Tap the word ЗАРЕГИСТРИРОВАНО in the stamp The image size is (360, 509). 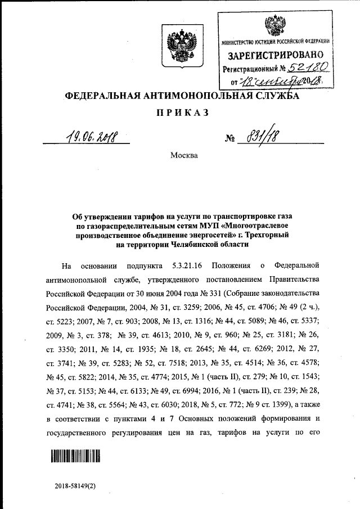276,56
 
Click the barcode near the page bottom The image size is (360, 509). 75,456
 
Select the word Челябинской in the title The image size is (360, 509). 195,245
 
